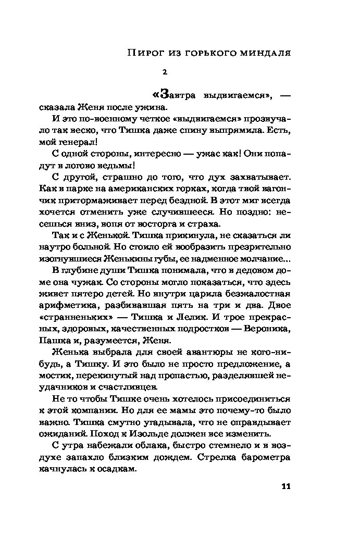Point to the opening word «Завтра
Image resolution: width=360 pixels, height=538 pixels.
(171, 95)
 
